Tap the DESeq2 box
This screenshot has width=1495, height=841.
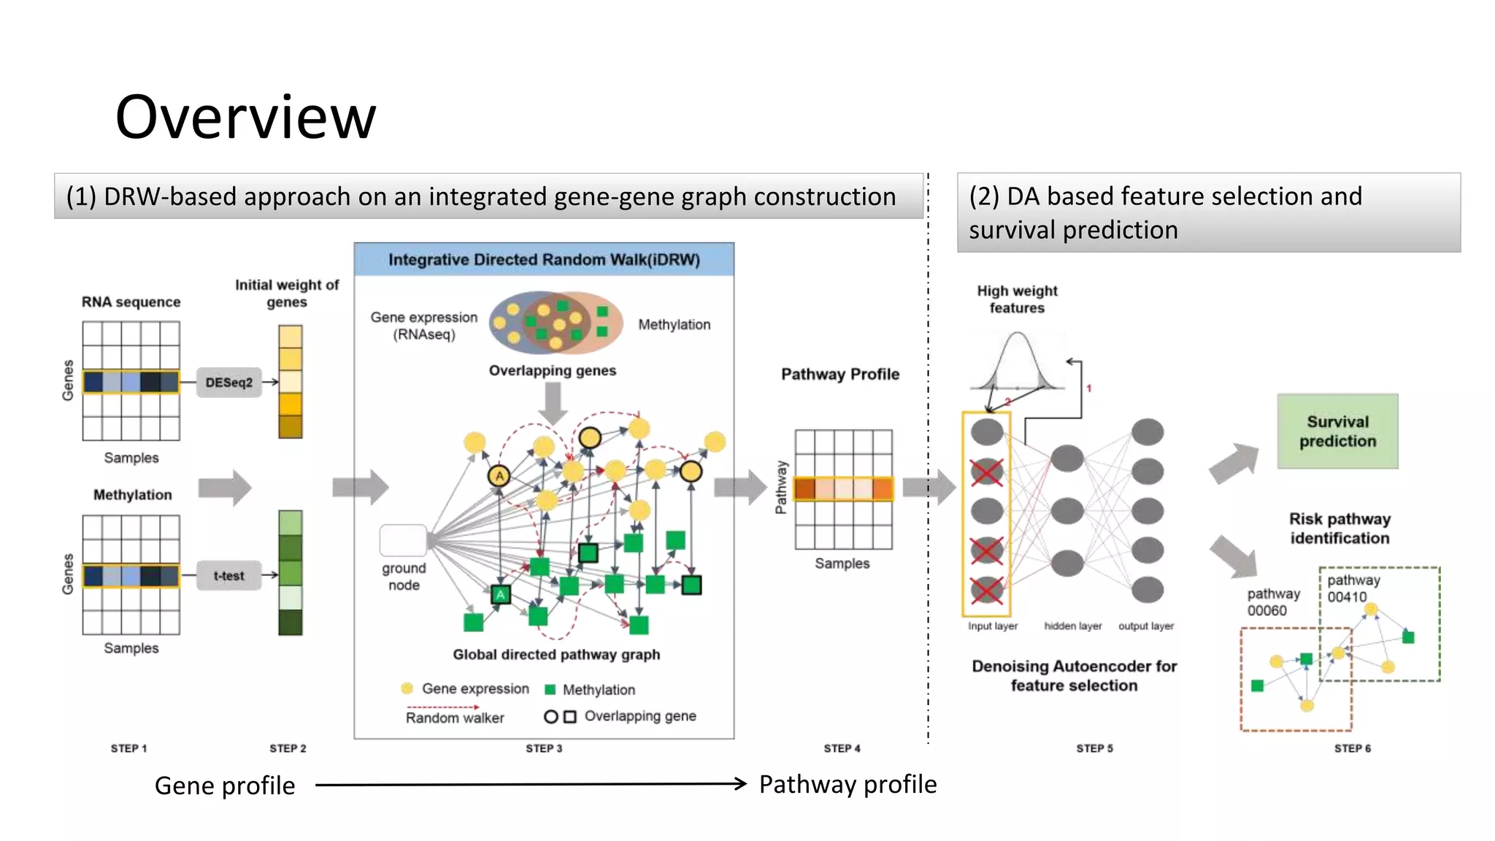coord(228,383)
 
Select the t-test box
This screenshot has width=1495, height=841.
coord(228,576)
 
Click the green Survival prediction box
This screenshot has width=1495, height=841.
coord(1337,431)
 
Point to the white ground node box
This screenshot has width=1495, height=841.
coord(403,540)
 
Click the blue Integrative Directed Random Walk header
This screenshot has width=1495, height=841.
coord(544,260)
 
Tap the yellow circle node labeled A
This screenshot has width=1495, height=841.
coord(499,476)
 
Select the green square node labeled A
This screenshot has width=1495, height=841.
coord(501,594)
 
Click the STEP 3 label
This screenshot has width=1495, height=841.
coord(544,748)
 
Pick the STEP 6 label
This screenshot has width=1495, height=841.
coord(1352,748)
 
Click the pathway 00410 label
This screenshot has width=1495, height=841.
coord(1353,588)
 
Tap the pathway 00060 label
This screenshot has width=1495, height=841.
coord(1273,602)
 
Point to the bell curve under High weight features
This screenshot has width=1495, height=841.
coord(1017,361)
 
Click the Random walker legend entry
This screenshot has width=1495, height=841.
coord(454,718)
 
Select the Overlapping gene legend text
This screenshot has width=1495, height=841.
coord(639,716)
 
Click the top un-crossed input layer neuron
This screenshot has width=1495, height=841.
coord(987,431)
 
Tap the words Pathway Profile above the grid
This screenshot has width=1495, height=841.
coord(840,375)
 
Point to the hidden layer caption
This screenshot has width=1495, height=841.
coord(1072,626)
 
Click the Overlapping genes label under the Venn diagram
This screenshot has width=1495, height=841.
coord(552,371)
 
